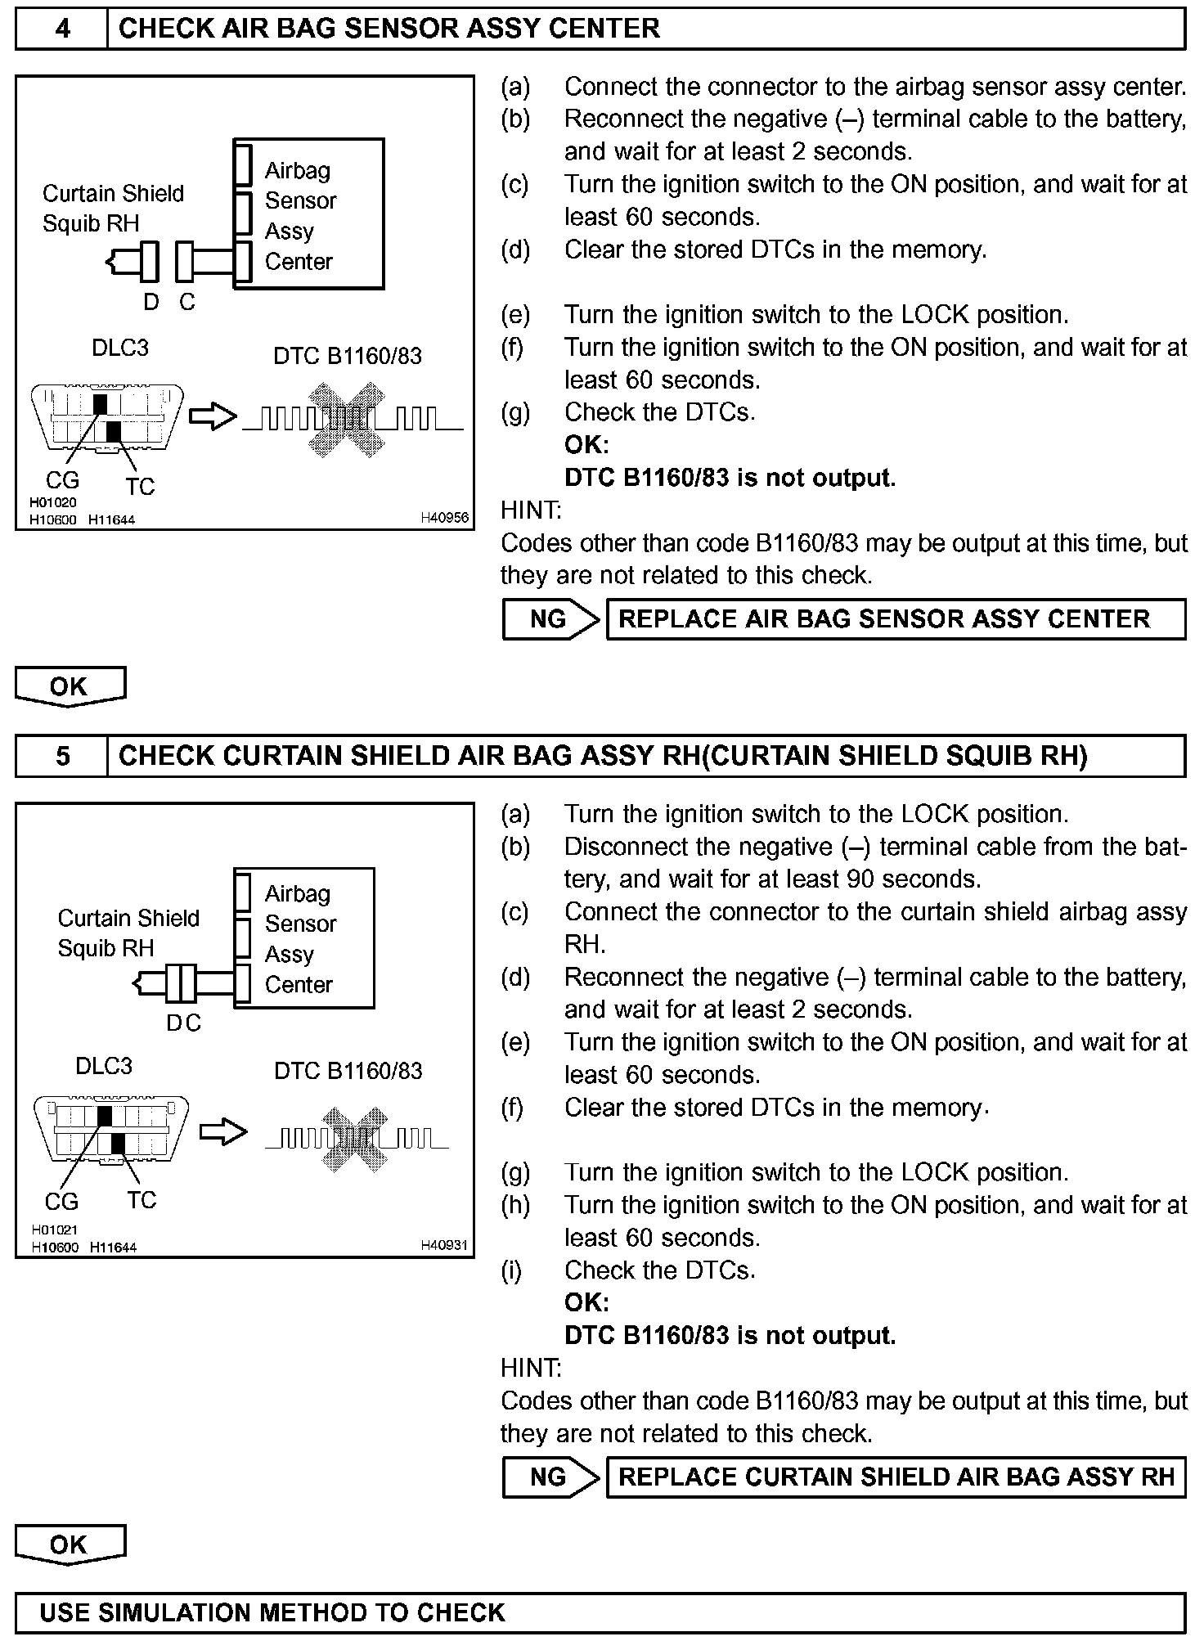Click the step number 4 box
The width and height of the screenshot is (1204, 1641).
tap(62, 29)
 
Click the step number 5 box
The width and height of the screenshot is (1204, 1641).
tap(62, 756)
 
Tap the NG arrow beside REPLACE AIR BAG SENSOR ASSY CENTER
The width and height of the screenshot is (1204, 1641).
tap(550, 619)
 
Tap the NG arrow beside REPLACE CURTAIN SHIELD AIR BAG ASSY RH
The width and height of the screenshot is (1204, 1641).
tap(550, 1477)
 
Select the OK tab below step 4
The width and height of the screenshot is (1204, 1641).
tap(70, 686)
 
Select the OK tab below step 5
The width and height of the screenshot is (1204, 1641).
tap(70, 1544)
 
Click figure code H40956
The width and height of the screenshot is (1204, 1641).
tap(444, 517)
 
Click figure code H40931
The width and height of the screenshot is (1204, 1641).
tap(444, 1245)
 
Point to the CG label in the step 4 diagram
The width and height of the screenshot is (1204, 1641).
tap(62, 480)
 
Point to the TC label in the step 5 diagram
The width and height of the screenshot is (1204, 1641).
tap(142, 1200)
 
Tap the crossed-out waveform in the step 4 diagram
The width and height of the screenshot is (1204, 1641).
tap(346, 419)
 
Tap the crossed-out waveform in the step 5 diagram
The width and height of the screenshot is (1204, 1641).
tap(354, 1137)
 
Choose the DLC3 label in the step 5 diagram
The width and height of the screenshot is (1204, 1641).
tap(104, 1066)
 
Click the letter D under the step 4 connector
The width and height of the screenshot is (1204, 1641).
tap(151, 303)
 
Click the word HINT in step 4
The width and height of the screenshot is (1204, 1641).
tap(531, 510)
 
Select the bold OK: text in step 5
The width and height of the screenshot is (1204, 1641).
tap(586, 1302)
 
